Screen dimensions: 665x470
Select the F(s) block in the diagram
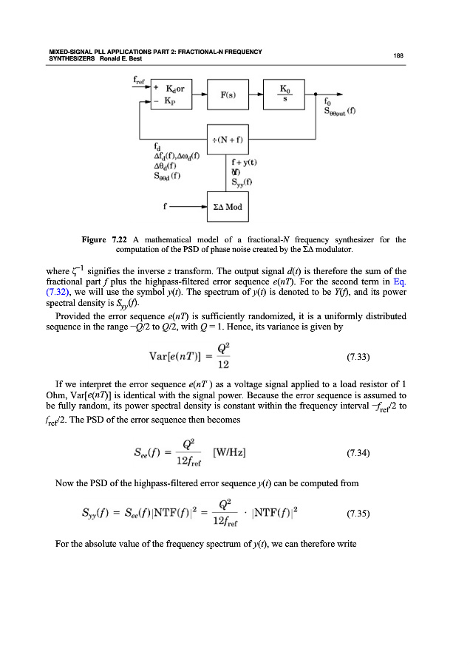pos(228,97)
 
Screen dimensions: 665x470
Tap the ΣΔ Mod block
pos(228,206)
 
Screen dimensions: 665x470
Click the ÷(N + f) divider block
pos(228,139)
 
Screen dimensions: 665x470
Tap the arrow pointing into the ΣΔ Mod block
pos(188,206)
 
